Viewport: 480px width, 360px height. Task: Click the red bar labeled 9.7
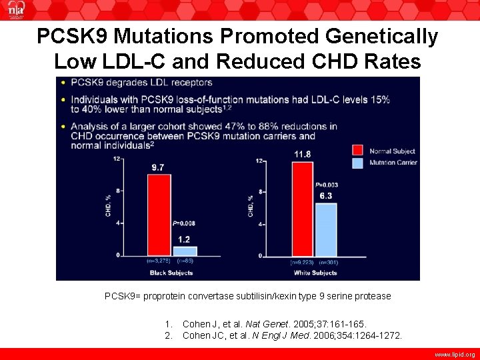(159, 215)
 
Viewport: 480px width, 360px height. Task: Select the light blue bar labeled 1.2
(185, 251)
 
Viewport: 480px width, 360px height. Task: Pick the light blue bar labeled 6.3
(325, 229)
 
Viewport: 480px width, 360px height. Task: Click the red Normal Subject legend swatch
(357, 151)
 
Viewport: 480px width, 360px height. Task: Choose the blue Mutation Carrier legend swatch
(357, 163)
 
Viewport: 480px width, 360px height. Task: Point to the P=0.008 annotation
(183, 223)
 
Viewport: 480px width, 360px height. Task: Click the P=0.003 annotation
(326, 185)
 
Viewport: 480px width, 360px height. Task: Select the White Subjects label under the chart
(315, 273)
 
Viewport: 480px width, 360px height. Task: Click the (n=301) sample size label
(327, 263)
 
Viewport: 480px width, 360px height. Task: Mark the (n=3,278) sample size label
(158, 261)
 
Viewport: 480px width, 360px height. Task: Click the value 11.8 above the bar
(303, 154)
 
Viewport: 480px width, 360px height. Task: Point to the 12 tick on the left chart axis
(117, 159)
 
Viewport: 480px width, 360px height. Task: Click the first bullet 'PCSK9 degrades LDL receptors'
(141, 83)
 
